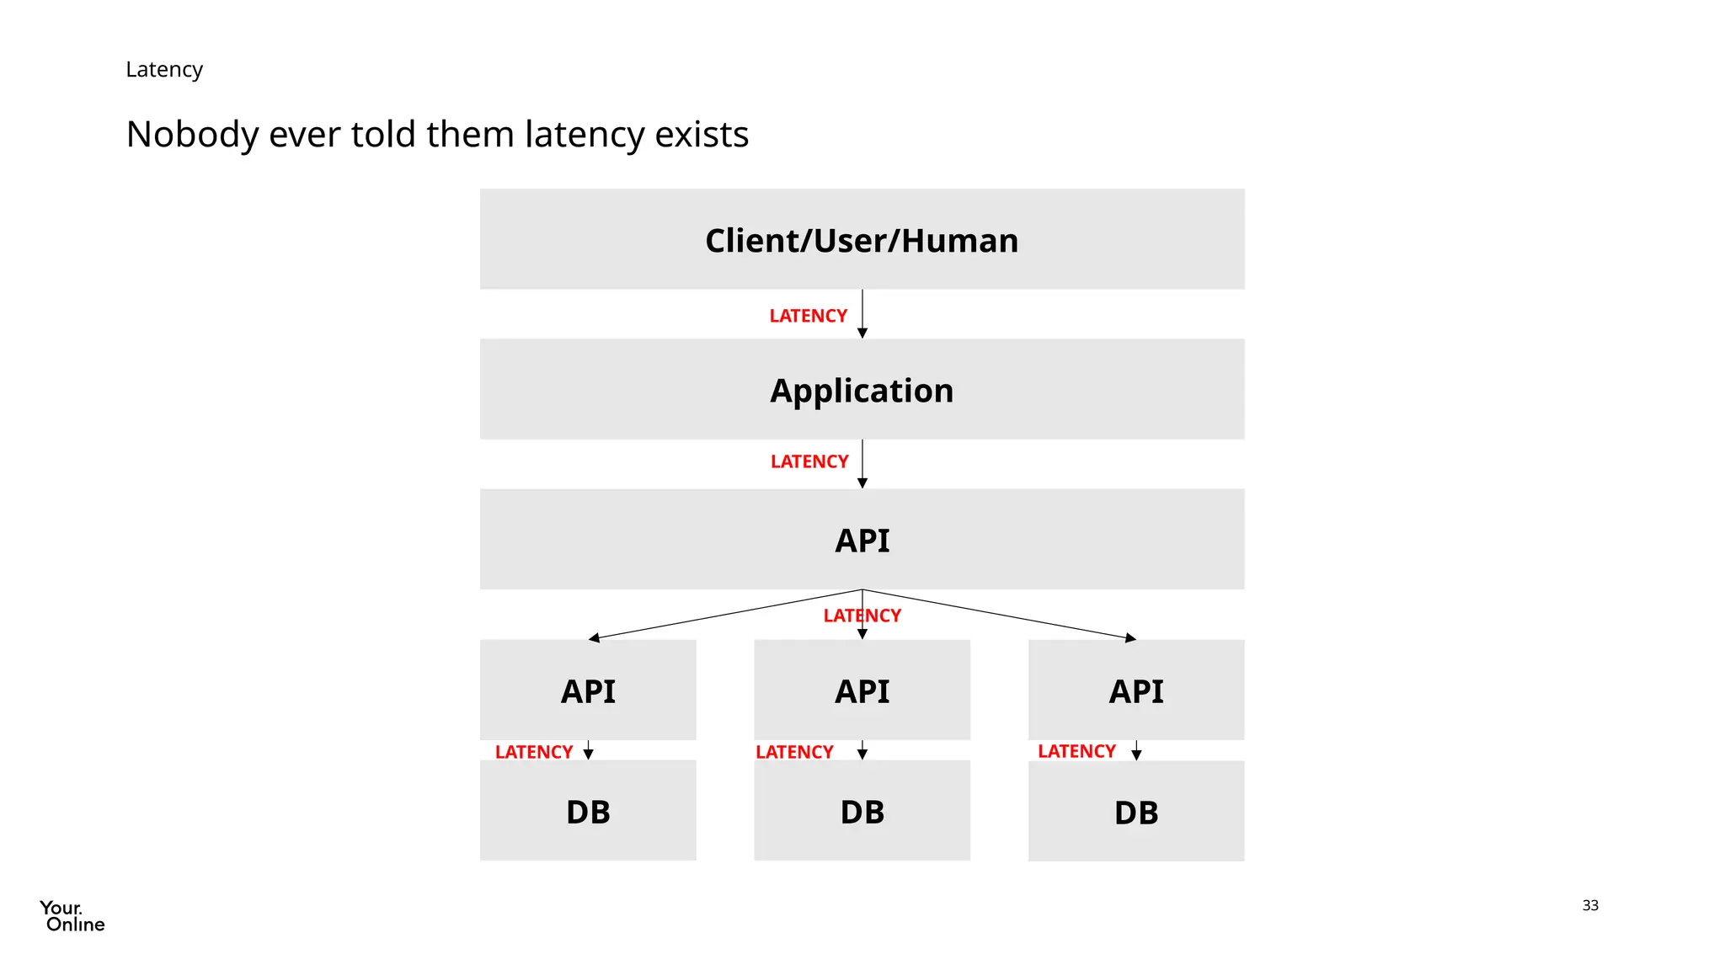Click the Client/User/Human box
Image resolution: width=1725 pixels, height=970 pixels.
click(862, 239)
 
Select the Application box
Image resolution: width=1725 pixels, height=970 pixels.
click(862, 390)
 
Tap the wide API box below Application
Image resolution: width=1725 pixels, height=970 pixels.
click(862, 540)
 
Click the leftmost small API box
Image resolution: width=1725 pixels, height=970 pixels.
click(588, 690)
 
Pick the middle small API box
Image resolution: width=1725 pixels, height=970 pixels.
click(862, 690)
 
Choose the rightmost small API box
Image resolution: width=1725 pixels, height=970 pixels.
click(1135, 690)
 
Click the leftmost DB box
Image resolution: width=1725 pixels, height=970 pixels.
click(588, 812)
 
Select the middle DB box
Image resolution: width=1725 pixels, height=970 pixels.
click(862, 812)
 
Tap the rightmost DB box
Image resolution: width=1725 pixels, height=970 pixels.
click(1135, 812)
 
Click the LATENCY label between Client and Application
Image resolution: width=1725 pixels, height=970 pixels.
click(808, 316)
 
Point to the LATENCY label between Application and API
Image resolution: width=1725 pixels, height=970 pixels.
click(809, 461)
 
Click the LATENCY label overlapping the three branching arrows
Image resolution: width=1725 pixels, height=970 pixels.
click(862, 616)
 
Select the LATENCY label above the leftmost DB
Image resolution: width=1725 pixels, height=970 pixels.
click(534, 752)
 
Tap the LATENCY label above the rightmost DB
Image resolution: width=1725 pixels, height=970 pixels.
click(1076, 751)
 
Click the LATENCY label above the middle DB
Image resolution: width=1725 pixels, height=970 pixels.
click(794, 752)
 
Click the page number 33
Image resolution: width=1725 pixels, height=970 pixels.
click(1589, 905)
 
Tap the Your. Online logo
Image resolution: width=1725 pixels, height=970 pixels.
click(72, 916)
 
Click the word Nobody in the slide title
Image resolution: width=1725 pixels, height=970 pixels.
click(192, 135)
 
